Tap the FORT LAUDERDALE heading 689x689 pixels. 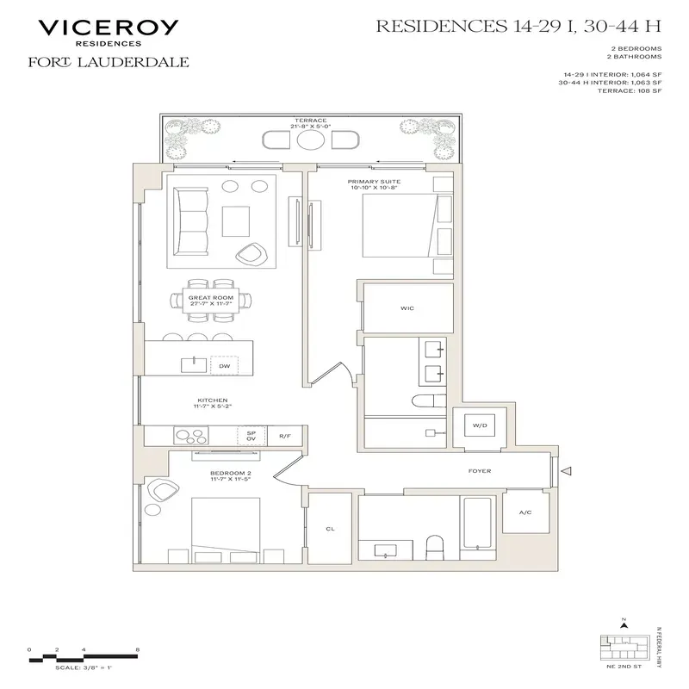point(109,62)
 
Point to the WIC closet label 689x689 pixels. point(408,307)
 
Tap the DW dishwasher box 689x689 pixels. point(224,366)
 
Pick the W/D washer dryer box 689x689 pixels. point(477,426)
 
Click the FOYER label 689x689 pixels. point(480,471)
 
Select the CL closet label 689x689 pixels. point(330,530)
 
